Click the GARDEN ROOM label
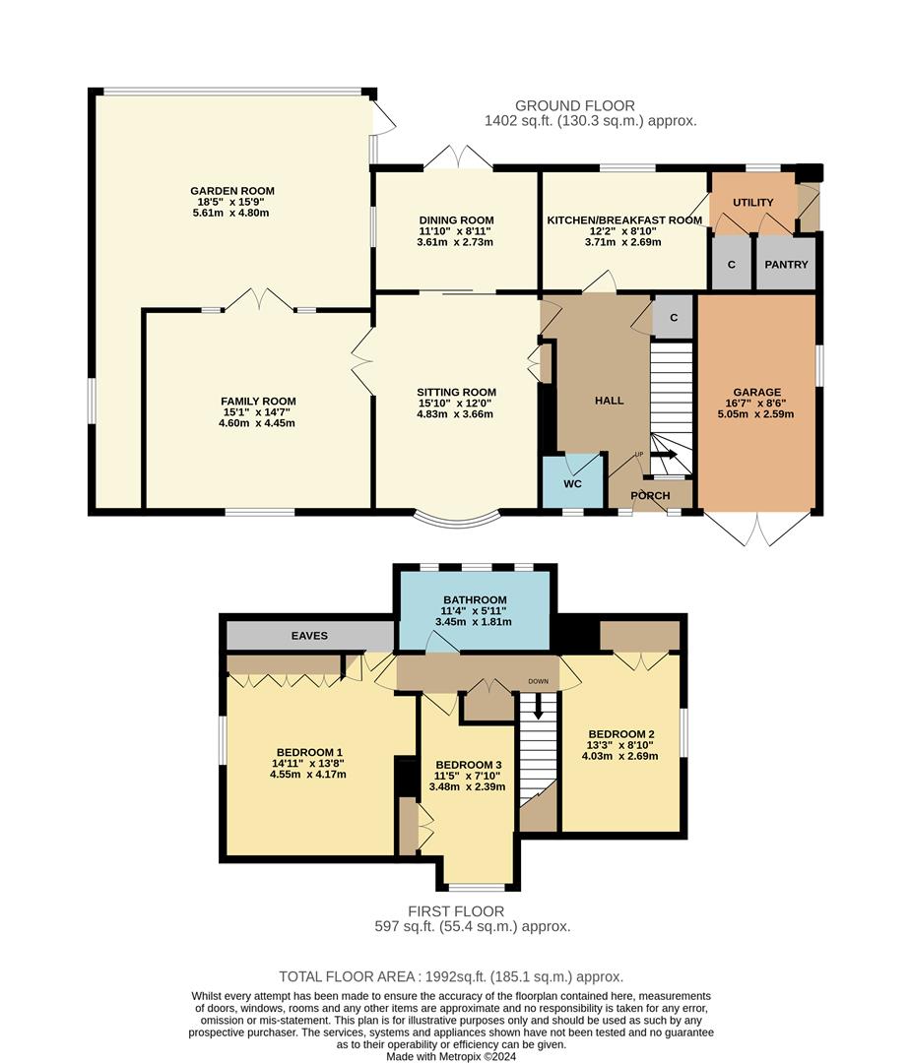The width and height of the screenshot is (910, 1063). click(x=232, y=191)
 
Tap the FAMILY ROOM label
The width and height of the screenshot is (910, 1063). click(x=258, y=401)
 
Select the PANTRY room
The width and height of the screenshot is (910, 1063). click(x=786, y=264)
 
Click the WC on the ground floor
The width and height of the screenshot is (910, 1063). click(x=572, y=484)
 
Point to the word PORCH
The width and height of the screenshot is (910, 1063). click(x=650, y=495)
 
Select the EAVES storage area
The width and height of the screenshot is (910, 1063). click(x=308, y=636)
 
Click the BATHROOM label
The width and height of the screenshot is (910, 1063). click(x=475, y=599)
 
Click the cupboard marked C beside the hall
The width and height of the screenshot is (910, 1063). click(x=673, y=317)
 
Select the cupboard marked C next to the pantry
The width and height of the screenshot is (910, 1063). click(x=731, y=264)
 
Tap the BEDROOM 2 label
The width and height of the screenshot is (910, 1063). click(x=621, y=733)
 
